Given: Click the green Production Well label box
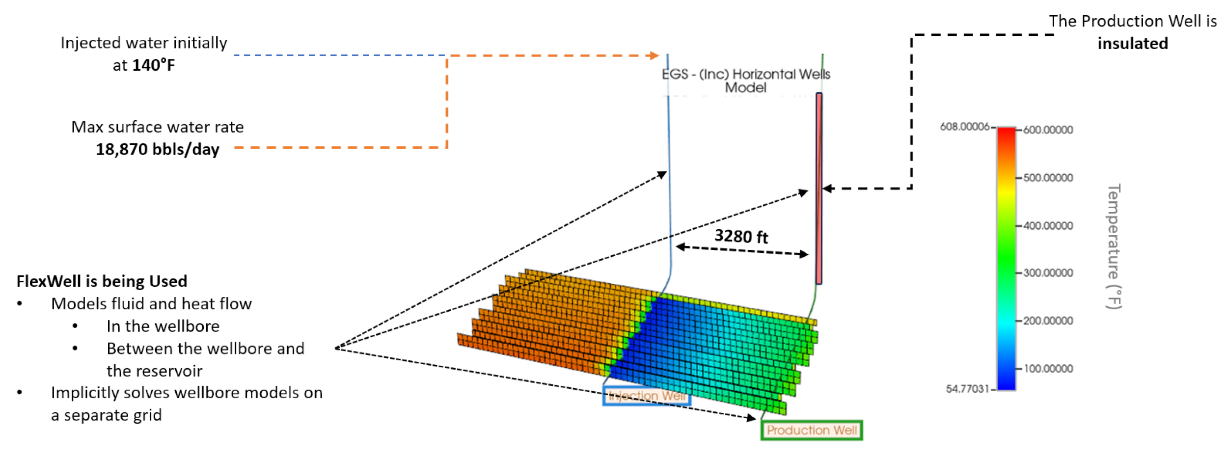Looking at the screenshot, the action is (x=811, y=430).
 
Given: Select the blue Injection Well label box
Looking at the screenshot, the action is (x=647, y=396).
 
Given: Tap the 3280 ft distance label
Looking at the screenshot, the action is (x=740, y=236).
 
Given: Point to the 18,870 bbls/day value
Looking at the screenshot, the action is (x=157, y=149).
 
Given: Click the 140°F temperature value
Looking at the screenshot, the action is (x=153, y=65).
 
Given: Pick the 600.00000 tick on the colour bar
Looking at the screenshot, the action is (x=1048, y=130).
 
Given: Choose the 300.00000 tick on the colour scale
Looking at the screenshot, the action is (x=1048, y=273).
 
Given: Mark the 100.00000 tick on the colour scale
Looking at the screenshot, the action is (x=1048, y=369).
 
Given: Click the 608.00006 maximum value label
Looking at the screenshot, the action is (x=964, y=127).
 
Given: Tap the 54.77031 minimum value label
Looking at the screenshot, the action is (x=967, y=389).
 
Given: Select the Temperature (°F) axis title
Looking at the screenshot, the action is (x=1114, y=246).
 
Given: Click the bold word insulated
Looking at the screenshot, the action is (x=1132, y=44).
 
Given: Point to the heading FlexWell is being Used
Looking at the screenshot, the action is (x=102, y=281).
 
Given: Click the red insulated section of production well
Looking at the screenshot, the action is (x=819, y=189).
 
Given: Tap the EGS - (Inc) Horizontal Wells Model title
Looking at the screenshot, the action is (x=745, y=81).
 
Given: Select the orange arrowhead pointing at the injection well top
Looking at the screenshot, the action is (x=654, y=55).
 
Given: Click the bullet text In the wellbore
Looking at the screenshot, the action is (x=163, y=326).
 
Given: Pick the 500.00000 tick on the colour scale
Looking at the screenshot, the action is (x=1048, y=178).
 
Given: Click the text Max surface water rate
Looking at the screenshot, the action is (x=157, y=127).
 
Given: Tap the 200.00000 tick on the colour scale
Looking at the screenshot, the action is (x=1048, y=321).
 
